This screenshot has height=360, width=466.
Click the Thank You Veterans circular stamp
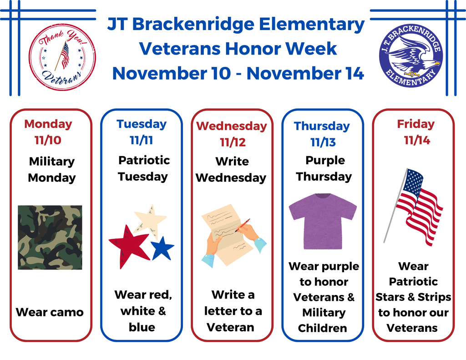click(62, 57)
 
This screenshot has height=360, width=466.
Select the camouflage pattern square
click(50, 237)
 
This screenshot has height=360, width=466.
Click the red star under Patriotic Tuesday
click(128, 245)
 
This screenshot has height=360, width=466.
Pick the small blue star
click(162, 248)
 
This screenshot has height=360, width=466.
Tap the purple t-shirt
click(323, 220)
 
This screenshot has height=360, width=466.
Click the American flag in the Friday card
click(416, 205)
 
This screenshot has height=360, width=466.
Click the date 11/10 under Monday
click(48, 140)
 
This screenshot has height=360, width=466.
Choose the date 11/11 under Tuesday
click(141, 140)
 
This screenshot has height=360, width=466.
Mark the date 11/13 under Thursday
click(323, 142)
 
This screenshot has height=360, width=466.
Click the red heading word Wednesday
click(232, 126)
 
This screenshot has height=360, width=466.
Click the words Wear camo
click(50, 312)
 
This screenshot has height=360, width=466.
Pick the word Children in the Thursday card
click(323, 328)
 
